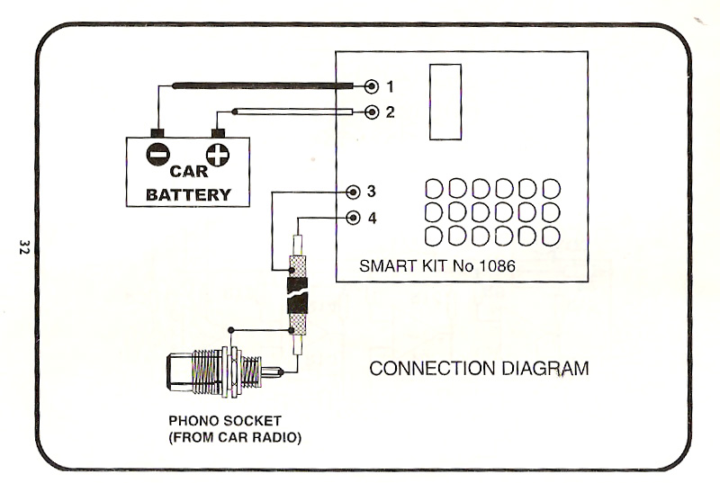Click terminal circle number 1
(x=373, y=86)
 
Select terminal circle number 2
(x=373, y=112)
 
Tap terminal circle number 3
(x=354, y=191)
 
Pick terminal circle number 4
(x=354, y=217)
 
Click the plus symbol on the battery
(x=217, y=154)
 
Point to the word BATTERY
(x=188, y=194)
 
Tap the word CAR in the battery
(x=188, y=173)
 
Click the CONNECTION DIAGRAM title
(x=480, y=369)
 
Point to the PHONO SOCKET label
(x=226, y=421)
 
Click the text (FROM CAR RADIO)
(x=234, y=437)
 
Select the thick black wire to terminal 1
(x=261, y=86)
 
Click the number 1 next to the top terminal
(x=390, y=86)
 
